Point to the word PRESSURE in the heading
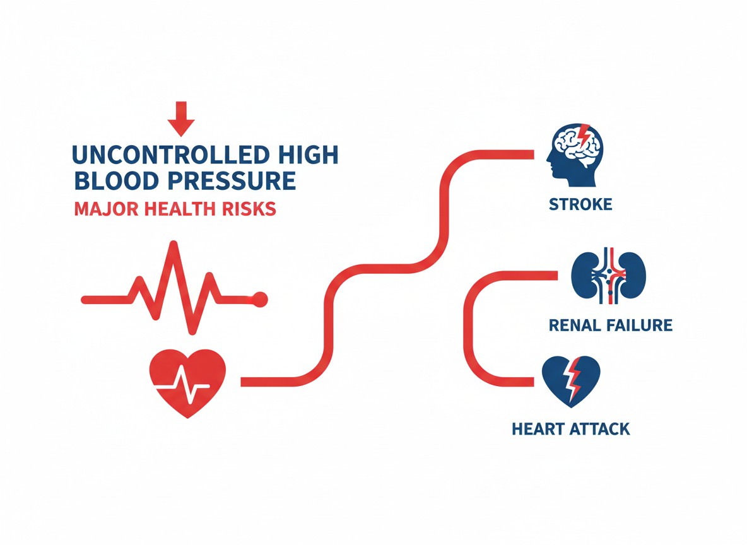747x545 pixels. (x=238, y=181)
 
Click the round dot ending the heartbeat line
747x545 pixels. (x=259, y=300)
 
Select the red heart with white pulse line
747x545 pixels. (x=187, y=383)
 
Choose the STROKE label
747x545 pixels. (x=580, y=205)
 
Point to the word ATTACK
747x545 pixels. (x=599, y=430)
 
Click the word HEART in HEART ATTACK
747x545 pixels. (x=537, y=430)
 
